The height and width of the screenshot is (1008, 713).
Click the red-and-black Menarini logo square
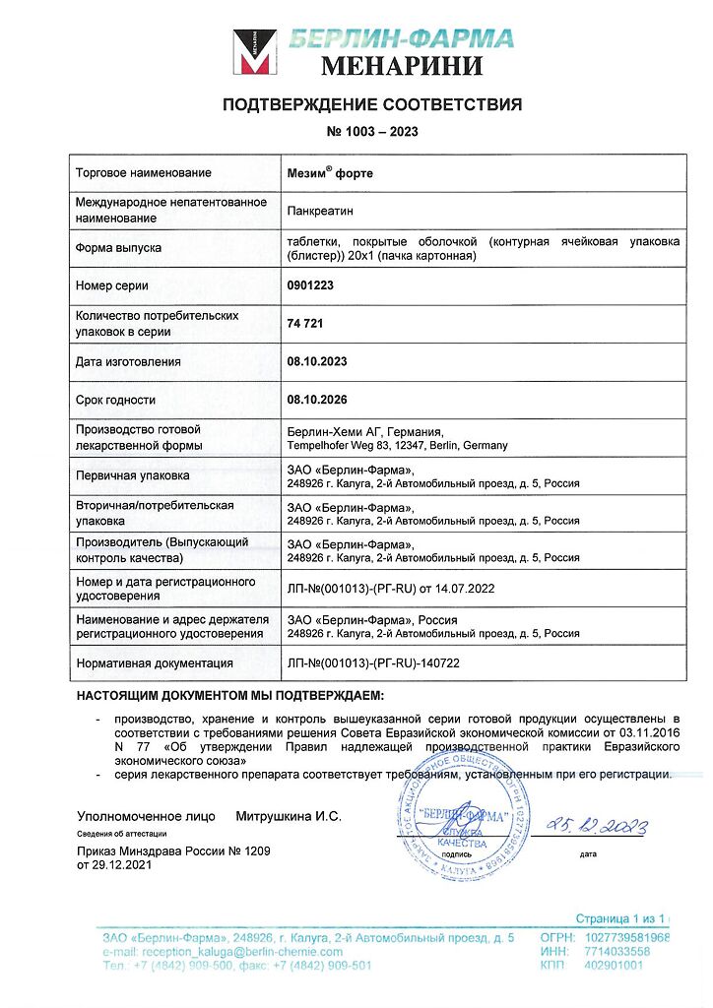coord(253,53)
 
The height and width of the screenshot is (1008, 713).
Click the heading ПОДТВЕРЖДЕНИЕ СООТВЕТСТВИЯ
coord(372,104)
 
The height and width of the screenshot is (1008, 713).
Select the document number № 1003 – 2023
coord(371,132)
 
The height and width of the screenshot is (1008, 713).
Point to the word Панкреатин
coord(320,210)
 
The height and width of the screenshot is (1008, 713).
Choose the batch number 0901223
coord(310,285)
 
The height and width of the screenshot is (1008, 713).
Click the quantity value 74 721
coord(305,323)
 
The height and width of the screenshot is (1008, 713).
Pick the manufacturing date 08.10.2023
coord(317,361)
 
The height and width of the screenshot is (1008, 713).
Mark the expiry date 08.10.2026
coord(317,400)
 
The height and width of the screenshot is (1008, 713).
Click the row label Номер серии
coord(112,285)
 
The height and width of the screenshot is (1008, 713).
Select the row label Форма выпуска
coord(118,248)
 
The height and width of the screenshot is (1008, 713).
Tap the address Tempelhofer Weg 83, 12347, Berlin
coord(397,445)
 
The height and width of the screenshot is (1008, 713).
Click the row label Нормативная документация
coord(155,663)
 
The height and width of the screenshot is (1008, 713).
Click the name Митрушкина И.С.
coord(289,816)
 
